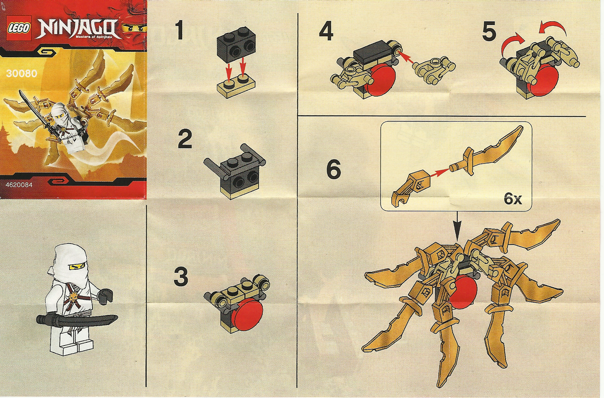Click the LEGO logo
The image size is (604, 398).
coord(19,28)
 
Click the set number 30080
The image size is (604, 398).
coord(22,73)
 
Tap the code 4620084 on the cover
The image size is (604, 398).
coord(19,185)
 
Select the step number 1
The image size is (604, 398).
coord(179,31)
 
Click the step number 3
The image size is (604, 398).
coord(181,277)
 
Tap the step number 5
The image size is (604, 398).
coord(489,32)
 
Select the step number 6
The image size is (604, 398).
coord(333,169)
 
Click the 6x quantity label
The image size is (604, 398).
coord(513,199)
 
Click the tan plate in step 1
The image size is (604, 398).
coord(236,87)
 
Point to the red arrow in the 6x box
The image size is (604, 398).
coord(440,172)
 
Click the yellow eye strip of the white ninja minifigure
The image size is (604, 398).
coord(77,267)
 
